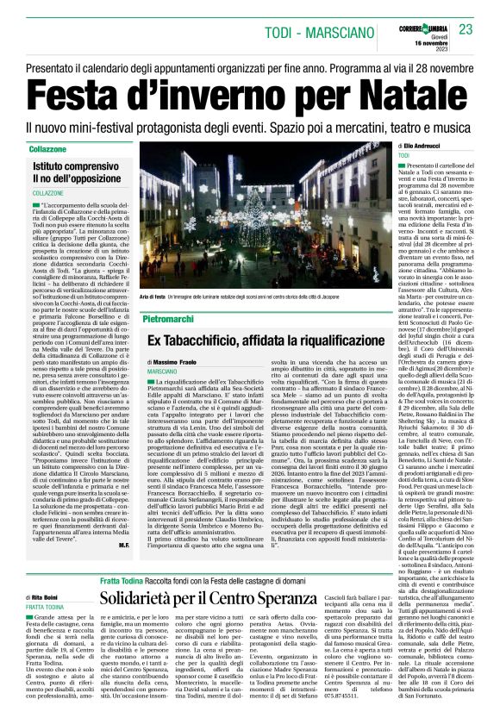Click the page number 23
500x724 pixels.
pos(466,29)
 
